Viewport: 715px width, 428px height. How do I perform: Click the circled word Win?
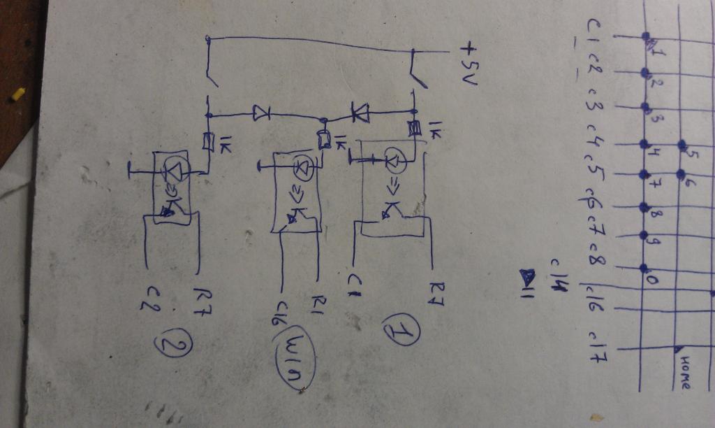[297, 358]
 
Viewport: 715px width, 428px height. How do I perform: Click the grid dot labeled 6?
[681, 173]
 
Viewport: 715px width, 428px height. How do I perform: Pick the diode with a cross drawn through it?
[360, 112]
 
